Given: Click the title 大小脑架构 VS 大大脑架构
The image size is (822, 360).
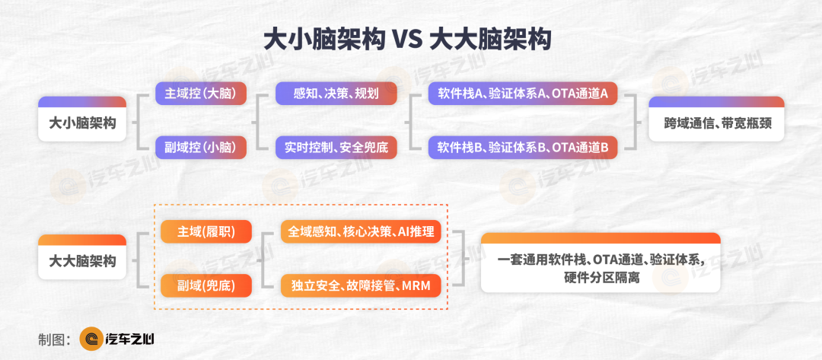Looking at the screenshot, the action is point(407,40).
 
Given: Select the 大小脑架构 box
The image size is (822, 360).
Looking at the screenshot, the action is point(82,119).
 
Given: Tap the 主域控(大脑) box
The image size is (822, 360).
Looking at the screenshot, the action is point(201,94).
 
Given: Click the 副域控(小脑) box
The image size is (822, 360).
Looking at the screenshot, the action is point(201,147).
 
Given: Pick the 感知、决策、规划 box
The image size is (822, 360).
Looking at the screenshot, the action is point(336,94).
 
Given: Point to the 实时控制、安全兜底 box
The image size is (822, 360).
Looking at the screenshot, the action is point(336,147).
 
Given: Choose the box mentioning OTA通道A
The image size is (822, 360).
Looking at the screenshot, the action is point(523,94).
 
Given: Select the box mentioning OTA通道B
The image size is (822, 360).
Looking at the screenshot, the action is point(523,147).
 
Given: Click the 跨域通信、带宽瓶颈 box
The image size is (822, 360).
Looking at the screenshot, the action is point(716,119).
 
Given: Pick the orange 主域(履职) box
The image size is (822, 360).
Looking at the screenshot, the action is point(206,231).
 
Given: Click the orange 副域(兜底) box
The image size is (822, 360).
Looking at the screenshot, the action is point(206,285).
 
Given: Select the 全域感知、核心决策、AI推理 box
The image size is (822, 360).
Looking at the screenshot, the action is point(360,231).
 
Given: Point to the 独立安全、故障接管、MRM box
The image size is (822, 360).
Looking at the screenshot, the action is point(360,285).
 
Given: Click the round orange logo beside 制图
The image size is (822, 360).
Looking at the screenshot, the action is point(91,339).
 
